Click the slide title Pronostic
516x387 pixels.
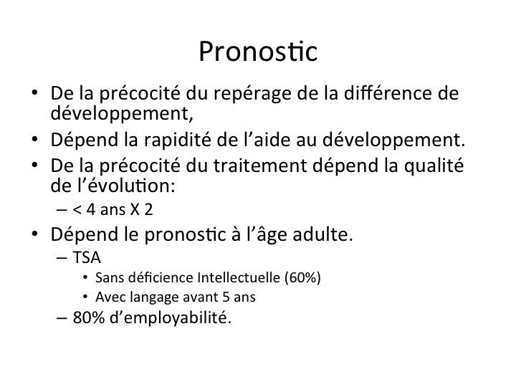[x=258, y=52]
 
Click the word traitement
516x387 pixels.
[x=260, y=166]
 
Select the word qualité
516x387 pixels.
[x=434, y=166]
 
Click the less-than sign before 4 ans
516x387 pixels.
[x=77, y=209]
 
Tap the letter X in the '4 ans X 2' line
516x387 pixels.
[x=135, y=209]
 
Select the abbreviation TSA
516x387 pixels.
[x=87, y=257]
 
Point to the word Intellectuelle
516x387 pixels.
[x=239, y=277]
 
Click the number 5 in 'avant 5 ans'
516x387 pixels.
[x=226, y=297]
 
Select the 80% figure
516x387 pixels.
[x=89, y=317]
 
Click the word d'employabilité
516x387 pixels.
[x=171, y=318]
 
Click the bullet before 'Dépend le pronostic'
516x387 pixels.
[x=35, y=234]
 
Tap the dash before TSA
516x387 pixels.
[x=62, y=258]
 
